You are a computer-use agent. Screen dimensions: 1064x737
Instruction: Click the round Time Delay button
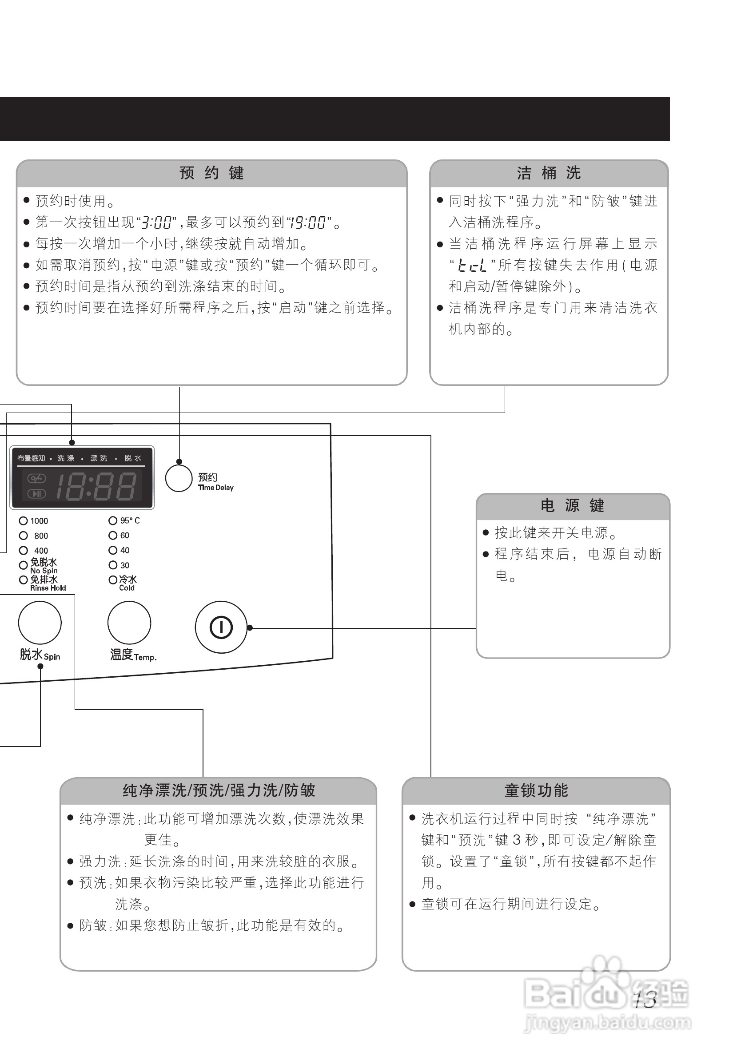coord(179,478)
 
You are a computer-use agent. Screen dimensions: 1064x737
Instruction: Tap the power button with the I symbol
coord(221,627)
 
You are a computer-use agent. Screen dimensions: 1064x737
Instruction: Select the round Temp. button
coord(129,622)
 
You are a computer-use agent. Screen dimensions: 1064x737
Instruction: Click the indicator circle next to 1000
coord(23,521)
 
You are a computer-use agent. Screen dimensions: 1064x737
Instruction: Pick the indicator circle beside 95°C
coord(113,521)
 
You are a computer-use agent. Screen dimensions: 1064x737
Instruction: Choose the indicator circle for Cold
coord(113,580)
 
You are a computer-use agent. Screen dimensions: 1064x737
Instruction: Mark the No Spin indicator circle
coord(23,565)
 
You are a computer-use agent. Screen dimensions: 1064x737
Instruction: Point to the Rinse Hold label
coord(48,588)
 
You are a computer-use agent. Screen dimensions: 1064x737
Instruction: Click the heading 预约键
coord(211,173)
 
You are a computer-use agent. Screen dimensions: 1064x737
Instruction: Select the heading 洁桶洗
coord(549,173)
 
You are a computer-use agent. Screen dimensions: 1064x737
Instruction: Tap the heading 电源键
coord(573,506)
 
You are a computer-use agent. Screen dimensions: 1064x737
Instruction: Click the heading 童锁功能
coord(536,790)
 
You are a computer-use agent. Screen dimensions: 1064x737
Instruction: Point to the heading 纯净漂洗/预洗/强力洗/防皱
coord(219,790)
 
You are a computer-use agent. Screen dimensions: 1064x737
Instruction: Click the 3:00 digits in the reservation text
coord(156,223)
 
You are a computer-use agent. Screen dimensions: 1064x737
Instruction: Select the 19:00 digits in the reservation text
coord(307,223)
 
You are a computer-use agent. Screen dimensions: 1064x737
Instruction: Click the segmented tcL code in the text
coord(472,266)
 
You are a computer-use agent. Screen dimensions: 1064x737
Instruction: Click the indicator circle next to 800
coord(23,536)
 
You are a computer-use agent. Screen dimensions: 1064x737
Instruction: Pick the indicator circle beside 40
coord(113,550)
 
